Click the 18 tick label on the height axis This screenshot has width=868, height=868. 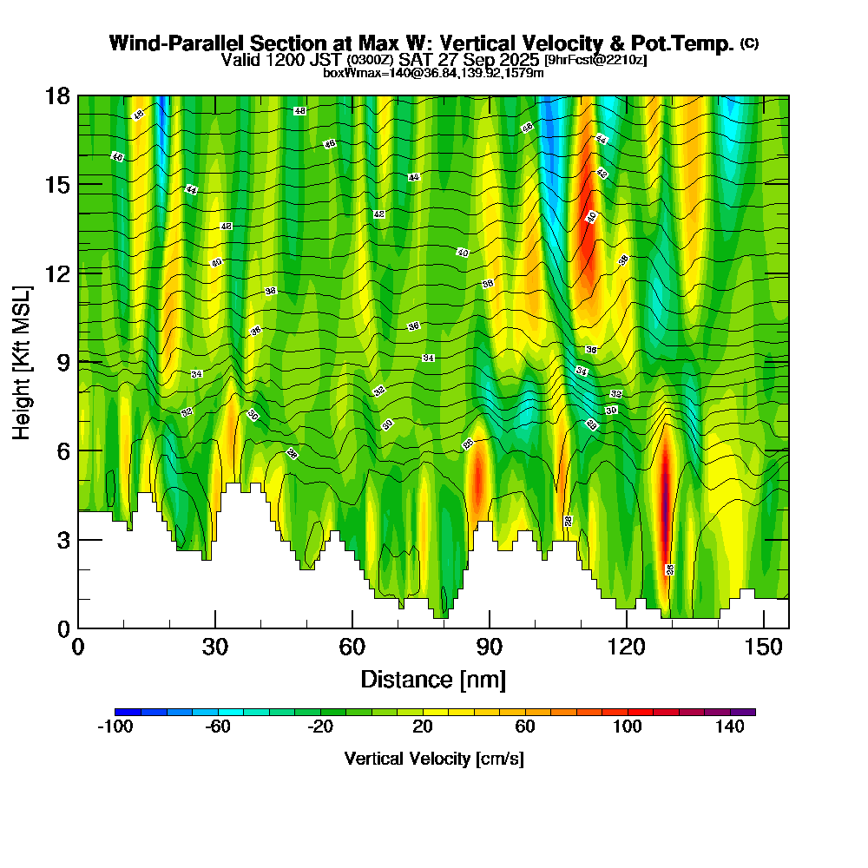coord(57,95)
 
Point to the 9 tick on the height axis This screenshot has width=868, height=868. coord(78,361)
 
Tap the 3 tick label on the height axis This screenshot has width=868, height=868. coord(62,539)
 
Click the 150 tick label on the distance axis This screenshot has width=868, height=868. coord(763,647)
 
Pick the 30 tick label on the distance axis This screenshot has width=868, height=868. coord(215,647)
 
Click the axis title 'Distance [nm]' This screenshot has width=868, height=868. coord(433,678)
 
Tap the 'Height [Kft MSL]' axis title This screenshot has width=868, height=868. coord(22,361)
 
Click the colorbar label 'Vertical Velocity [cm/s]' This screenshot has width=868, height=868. coord(433,759)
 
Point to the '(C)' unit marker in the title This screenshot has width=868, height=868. coord(749,43)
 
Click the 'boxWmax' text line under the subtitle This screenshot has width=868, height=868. coord(433,73)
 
